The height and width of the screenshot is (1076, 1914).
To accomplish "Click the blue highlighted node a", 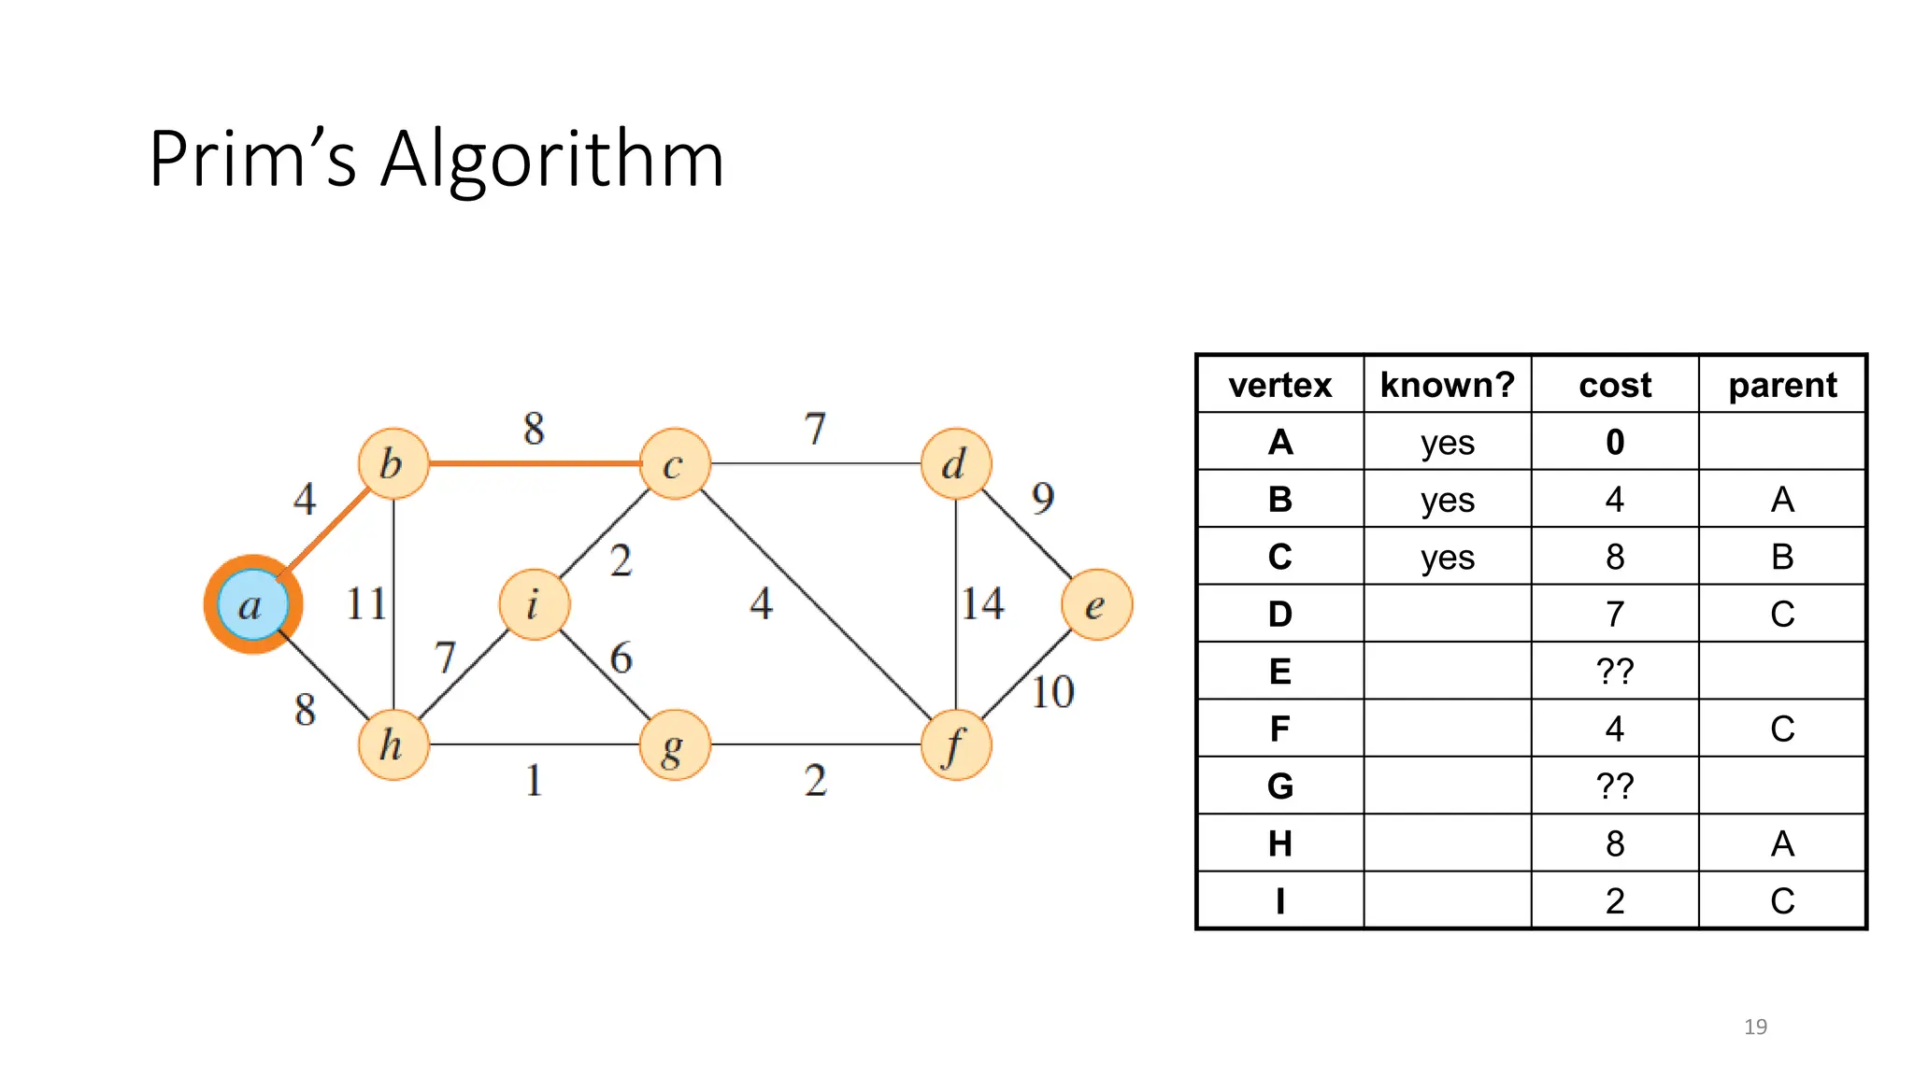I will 252,604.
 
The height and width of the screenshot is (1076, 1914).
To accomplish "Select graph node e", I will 1096,605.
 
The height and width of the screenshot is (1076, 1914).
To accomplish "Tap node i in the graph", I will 534,604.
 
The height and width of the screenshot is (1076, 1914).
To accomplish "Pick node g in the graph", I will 674,745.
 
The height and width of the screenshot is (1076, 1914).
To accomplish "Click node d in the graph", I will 955,463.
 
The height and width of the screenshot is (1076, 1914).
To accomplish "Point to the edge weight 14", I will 983,603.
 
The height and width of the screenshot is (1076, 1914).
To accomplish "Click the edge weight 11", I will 365,603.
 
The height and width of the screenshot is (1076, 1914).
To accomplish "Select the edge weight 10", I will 1052,692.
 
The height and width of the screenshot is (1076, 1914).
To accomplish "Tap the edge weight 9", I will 1043,498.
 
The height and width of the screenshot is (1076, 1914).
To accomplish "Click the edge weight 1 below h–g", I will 534,780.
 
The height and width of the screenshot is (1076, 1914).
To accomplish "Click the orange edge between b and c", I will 534,462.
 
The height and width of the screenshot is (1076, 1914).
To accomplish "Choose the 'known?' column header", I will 1447,385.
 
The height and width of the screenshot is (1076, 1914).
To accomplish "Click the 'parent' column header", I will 1782,385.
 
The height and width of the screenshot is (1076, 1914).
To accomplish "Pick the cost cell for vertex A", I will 1615,442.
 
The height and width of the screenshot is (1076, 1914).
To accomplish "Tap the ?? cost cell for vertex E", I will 1615,671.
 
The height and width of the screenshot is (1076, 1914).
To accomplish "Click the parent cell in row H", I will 1782,843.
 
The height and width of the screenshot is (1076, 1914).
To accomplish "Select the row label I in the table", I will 1279,900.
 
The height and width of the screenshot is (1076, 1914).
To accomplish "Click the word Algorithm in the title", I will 552,159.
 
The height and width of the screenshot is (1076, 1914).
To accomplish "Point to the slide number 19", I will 1755,1026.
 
